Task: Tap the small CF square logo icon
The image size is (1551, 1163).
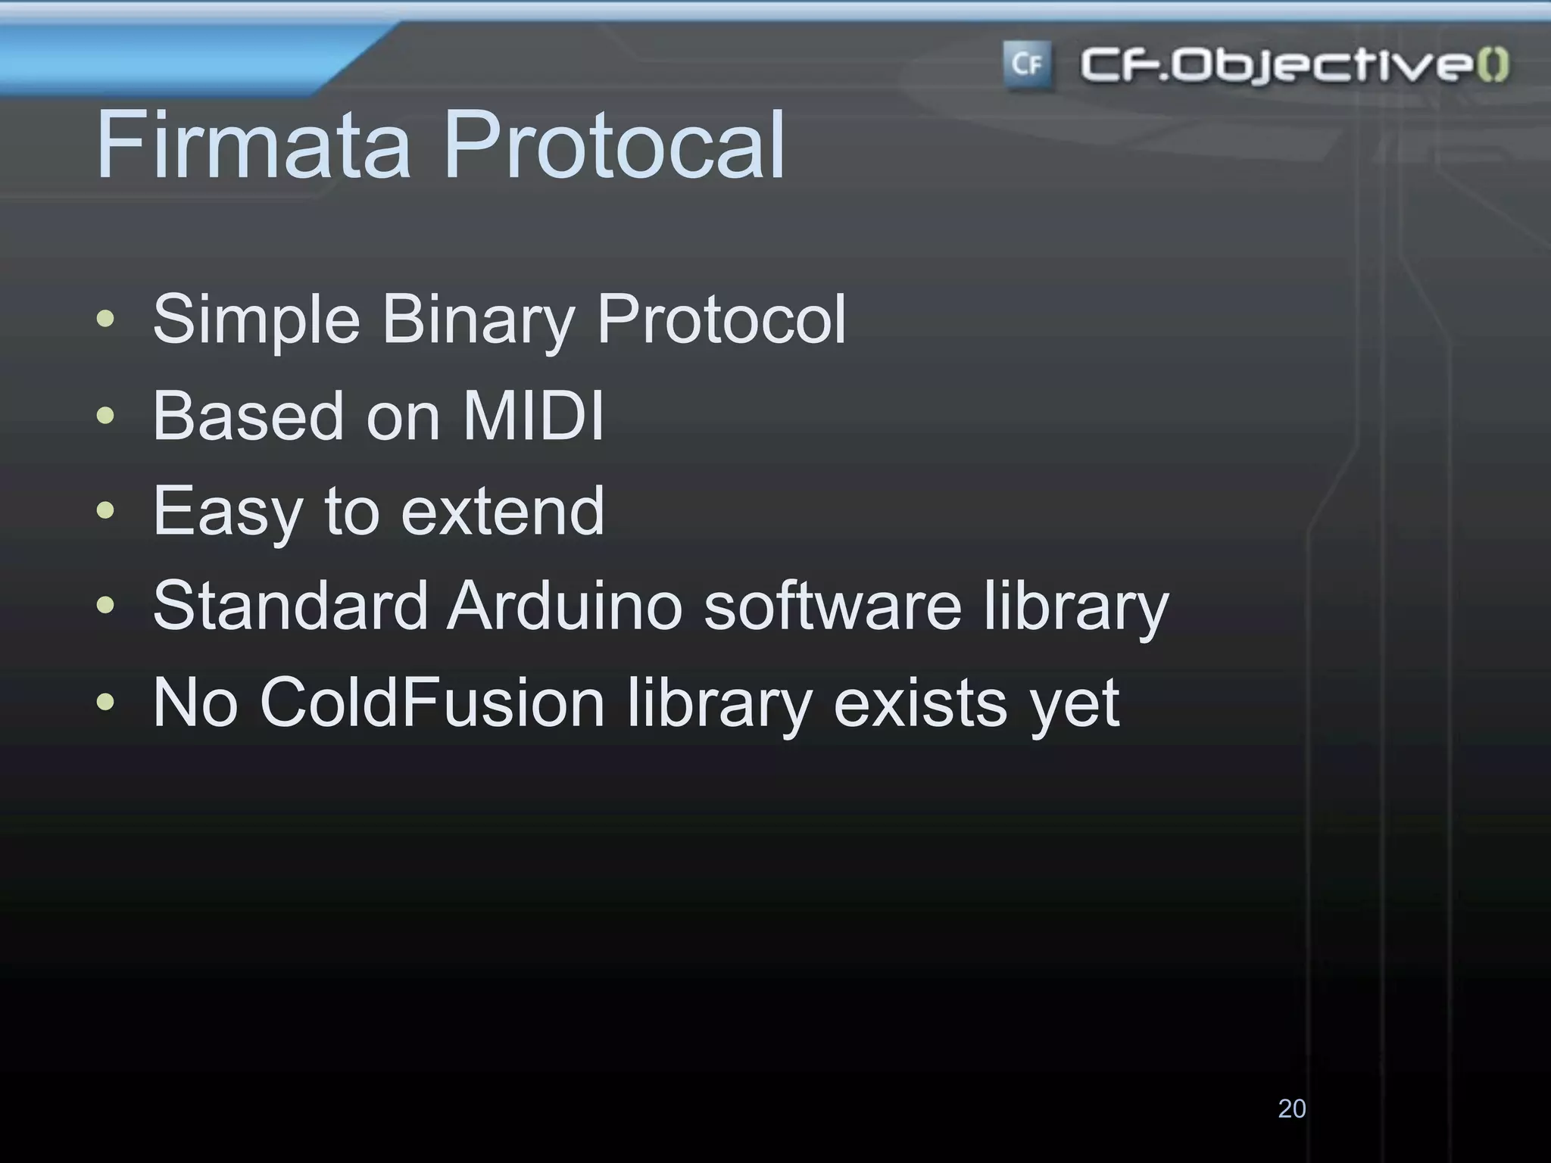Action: pos(1027,65)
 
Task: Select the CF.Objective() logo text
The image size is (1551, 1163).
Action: pos(1294,65)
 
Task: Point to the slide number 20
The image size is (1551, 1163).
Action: pos(1291,1108)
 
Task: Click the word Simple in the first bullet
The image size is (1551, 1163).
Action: pos(256,320)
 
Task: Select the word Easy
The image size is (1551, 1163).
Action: pos(228,513)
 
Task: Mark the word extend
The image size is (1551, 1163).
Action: pos(502,511)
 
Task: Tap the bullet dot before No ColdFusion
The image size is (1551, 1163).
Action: pos(106,702)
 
